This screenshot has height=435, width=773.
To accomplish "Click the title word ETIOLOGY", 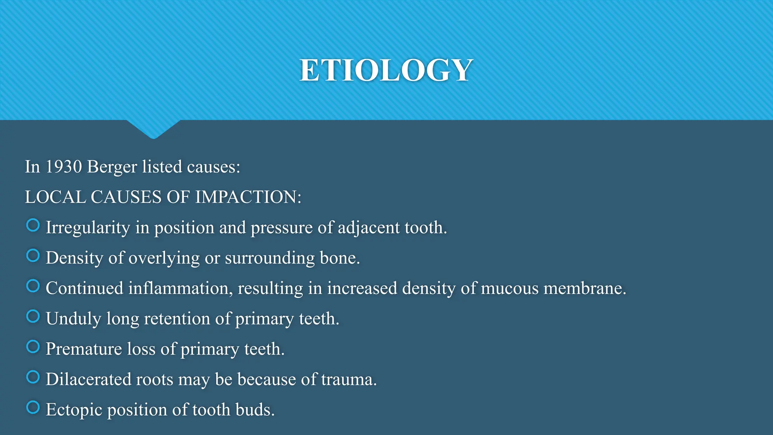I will [386, 70].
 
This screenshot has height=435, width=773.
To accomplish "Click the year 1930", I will [63, 167].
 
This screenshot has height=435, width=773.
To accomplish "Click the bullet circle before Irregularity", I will [33, 225].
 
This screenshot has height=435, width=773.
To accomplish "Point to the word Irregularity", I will [88, 228].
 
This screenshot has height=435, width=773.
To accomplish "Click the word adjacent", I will [368, 228].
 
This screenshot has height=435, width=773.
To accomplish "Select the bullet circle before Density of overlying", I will [33, 256].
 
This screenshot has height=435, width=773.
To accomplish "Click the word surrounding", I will [269, 258].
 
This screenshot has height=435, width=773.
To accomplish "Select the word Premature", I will [83, 349].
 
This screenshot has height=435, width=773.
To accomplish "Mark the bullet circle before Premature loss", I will [33, 347].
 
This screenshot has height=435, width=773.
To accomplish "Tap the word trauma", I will [348, 379].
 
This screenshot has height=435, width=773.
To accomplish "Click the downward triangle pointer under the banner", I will [153, 129].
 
